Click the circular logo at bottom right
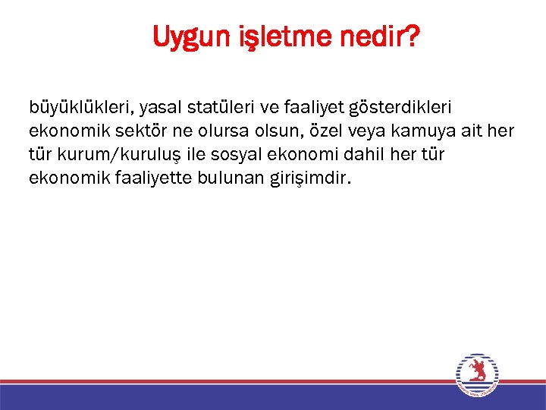coord(478,375)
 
